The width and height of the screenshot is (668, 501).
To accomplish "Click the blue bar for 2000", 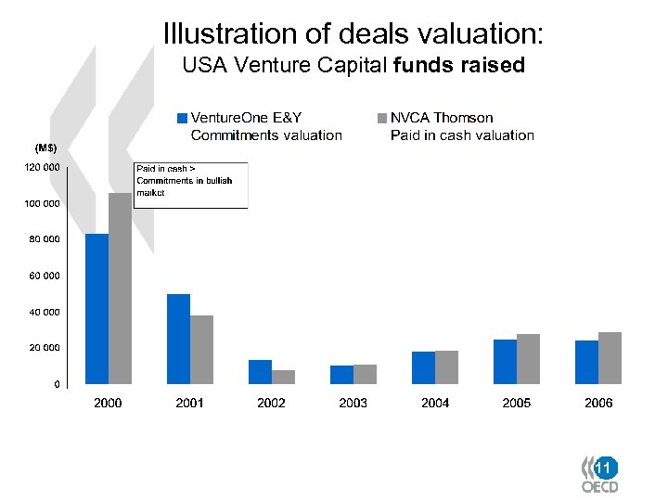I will [x=96, y=309].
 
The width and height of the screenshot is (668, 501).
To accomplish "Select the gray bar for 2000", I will [x=120, y=289].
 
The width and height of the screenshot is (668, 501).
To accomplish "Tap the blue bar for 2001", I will [x=178, y=339].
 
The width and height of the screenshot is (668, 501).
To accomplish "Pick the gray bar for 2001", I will [x=201, y=350].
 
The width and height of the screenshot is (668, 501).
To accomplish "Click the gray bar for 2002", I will [x=283, y=377].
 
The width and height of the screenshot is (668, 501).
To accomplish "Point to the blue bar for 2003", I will [x=341, y=374].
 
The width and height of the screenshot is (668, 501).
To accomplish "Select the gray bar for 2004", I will [x=447, y=367].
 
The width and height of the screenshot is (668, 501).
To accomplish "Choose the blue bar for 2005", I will [x=505, y=362].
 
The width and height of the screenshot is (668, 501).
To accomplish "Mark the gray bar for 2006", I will [x=610, y=358].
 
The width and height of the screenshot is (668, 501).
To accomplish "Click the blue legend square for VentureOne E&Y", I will [x=183, y=118].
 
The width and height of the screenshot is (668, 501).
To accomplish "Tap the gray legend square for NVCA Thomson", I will [x=381, y=118].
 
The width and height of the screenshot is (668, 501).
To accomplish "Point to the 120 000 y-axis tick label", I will [x=42, y=167].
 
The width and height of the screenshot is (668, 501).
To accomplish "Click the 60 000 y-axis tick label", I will [x=44, y=276].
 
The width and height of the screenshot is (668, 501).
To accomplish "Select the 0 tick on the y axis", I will [x=57, y=383].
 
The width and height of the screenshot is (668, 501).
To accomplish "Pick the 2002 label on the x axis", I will [x=271, y=403].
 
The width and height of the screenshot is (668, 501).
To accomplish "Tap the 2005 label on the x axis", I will [x=517, y=403].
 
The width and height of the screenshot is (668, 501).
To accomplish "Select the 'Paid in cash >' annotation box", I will [x=190, y=186].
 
